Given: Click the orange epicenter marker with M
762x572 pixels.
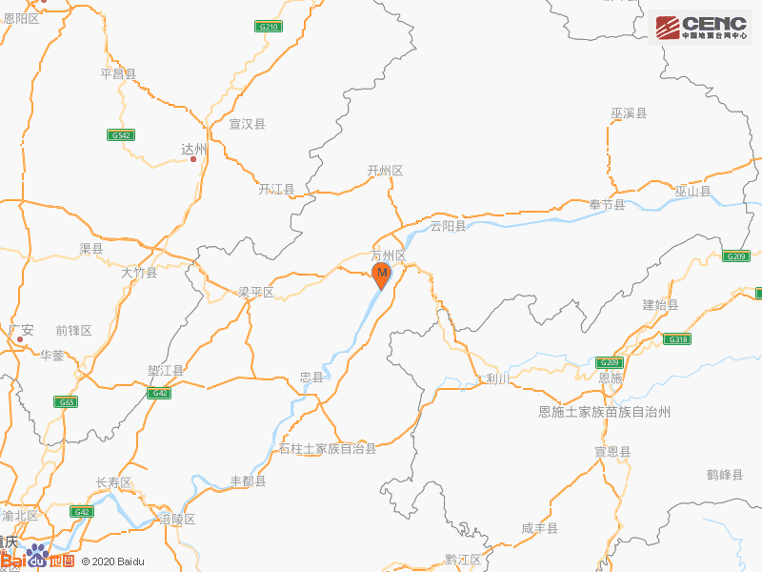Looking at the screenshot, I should point(381,276).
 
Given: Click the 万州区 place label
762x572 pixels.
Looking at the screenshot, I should point(388,255).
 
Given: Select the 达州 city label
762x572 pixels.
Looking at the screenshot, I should point(193,149).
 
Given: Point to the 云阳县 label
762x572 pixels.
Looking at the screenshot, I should point(448,226).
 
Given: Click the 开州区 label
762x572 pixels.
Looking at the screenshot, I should point(385,171).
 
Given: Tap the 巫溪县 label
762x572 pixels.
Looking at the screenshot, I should point(629,113).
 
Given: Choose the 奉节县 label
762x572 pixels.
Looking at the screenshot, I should point(606,205).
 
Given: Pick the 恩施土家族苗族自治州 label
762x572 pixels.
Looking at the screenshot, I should point(605,411).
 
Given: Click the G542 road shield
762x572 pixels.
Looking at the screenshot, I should point(120,135).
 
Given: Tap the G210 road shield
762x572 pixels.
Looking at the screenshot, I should point(269,27).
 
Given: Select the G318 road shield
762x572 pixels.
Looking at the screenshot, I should point(677,339).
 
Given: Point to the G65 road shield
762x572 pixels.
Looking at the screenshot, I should point(66,402).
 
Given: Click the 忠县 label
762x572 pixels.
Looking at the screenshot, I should point(312,378).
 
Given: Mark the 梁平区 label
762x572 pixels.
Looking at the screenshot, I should point(255,292).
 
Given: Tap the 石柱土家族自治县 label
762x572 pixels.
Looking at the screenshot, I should point(328,448).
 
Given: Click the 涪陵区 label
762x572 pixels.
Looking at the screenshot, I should point(177,519).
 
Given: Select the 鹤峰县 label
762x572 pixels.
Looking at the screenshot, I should point(725,474).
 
